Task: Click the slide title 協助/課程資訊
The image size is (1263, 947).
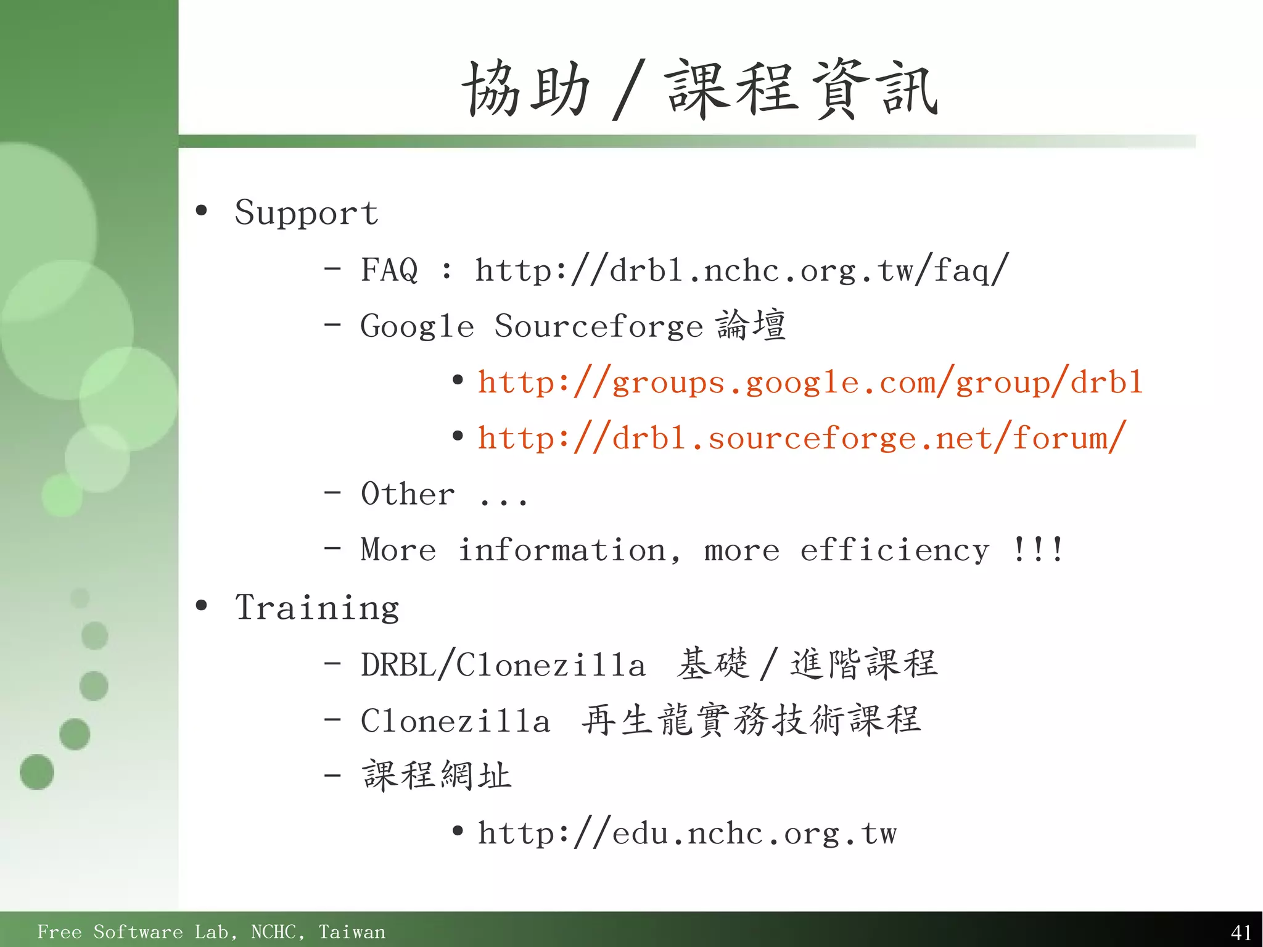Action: [700, 89]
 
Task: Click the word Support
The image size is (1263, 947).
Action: [306, 213]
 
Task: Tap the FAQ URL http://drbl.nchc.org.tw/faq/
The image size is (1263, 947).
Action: [741, 270]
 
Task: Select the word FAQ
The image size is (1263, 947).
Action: [389, 270]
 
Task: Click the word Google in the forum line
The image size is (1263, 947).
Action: [417, 326]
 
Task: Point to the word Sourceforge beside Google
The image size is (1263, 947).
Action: [598, 326]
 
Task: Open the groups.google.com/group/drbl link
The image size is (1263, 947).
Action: [810, 383]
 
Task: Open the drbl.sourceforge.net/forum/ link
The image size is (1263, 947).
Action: [802, 439]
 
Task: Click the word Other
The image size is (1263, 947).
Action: [408, 494]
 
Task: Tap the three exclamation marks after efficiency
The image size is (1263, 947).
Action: [1037, 549]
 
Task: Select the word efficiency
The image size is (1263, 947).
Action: [894, 550]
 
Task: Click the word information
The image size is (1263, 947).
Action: [569, 550]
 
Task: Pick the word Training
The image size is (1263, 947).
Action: [317, 608]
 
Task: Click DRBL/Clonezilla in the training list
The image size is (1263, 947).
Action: [503, 665]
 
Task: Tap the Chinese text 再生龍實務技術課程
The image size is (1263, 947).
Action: [751, 721]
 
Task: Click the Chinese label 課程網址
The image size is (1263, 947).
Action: [437, 776]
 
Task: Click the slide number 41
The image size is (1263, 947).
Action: [1240, 932]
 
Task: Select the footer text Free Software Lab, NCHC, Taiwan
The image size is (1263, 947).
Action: [211, 932]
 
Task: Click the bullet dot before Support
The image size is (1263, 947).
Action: [201, 211]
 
